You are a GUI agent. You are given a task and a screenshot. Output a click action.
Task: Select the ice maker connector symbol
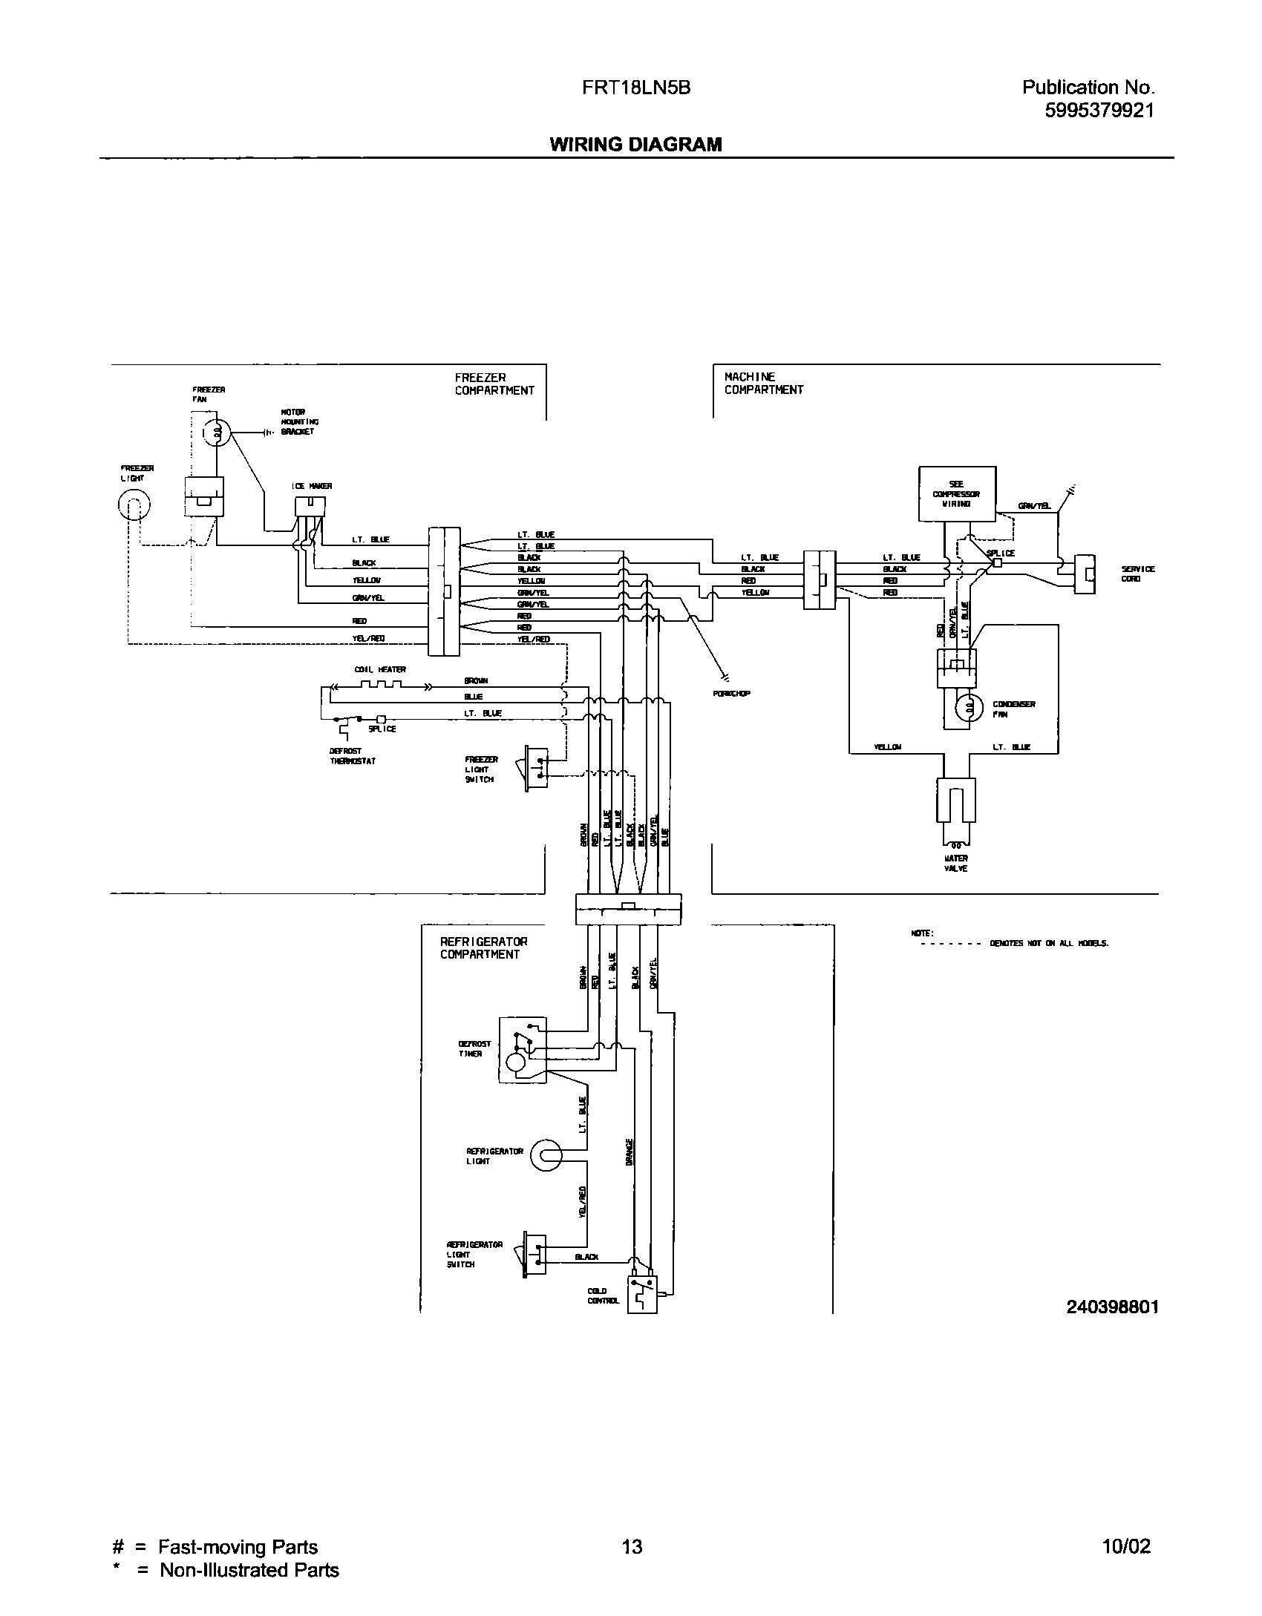tap(310, 507)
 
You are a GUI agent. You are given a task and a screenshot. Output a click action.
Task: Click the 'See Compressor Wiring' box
tap(957, 493)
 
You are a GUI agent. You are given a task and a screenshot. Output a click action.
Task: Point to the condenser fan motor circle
tap(968, 709)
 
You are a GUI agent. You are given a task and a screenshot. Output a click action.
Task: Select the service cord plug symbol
tap(1086, 574)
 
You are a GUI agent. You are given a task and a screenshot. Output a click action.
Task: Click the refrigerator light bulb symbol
tap(546, 1156)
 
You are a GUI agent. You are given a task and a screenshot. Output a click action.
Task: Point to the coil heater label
tap(380, 669)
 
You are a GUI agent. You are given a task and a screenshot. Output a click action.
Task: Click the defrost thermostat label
tap(353, 756)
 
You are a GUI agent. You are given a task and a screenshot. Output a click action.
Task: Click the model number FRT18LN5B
tap(635, 88)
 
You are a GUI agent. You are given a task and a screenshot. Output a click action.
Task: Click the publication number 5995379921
tap(1099, 111)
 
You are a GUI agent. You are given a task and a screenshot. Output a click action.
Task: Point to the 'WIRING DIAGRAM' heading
tap(635, 145)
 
